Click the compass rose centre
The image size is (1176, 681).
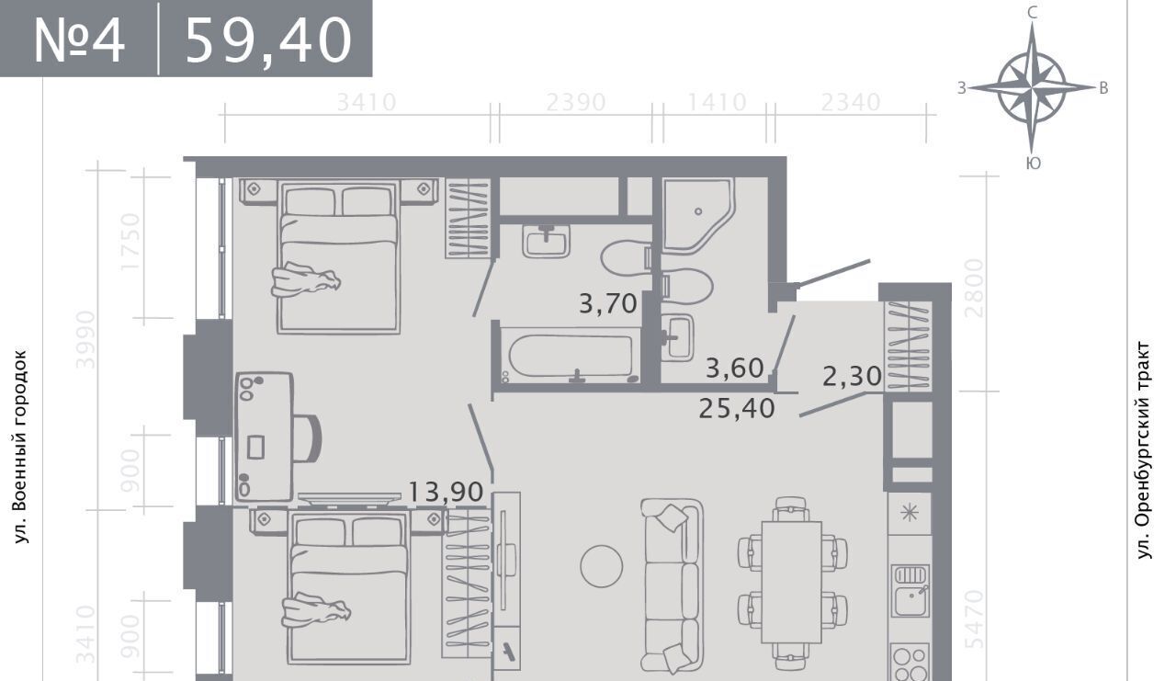(x=1032, y=87)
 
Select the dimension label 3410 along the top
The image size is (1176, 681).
(x=366, y=102)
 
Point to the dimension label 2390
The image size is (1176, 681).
(x=576, y=102)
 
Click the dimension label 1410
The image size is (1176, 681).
(x=717, y=102)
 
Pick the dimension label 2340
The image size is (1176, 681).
(x=851, y=102)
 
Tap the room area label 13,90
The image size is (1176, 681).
(x=446, y=493)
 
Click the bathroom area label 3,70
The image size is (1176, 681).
(x=608, y=303)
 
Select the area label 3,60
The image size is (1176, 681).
(x=734, y=368)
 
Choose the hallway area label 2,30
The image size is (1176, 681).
(x=852, y=377)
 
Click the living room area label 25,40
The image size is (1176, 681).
(x=737, y=408)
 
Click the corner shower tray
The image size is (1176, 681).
(x=697, y=215)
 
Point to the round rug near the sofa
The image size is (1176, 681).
(x=602, y=566)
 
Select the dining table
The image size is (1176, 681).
(x=792, y=583)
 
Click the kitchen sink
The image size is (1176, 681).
(x=910, y=591)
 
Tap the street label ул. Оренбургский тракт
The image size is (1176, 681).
(x=1145, y=451)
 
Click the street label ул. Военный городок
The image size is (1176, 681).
(x=20, y=447)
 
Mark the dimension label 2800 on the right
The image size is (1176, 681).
(x=975, y=289)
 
